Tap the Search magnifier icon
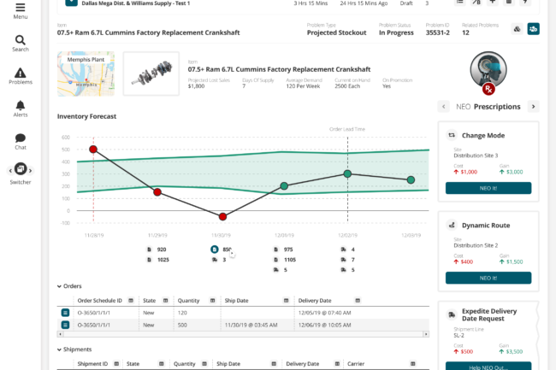(x=21, y=39)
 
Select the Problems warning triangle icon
(x=21, y=73)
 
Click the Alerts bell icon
(x=21, y=105)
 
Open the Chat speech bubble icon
(x=21, y=138)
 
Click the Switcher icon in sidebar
(x=21, y=168)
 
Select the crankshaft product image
(x=151, y=73)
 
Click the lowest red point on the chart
(x=222, y=217)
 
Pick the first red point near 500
(x=93, y=149)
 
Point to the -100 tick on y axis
(x=65, y=223)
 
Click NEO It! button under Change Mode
(x=488, y=188)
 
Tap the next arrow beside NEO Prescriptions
(x=533, y=107)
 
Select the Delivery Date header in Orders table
(x=314, y=301)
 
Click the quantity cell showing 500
(x=181, y=325)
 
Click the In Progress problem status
(x=395, y=33)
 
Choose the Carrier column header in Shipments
(x=356, y=363)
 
